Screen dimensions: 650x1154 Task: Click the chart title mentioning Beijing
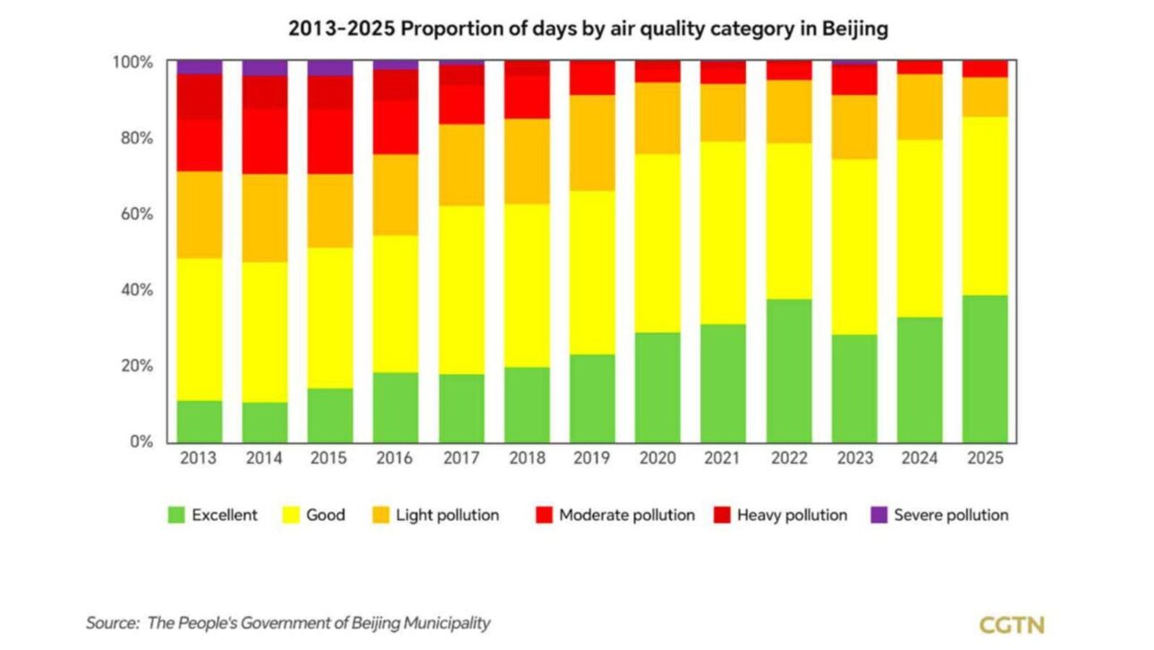[x=588, y=29]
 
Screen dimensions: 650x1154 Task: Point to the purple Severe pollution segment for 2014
[x=265, y=68]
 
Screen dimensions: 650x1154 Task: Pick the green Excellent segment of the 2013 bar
[x=199, y=421]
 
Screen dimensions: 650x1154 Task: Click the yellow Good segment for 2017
[x=462, y=289]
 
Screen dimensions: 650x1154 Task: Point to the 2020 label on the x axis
[x=658, y=458]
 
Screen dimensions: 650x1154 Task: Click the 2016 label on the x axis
[x=395, y=458]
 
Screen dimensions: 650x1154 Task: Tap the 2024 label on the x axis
[x=920, y=458]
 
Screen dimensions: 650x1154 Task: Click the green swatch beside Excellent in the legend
[x=176, y=515]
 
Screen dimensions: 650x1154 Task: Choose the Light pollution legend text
[x=447, y=515]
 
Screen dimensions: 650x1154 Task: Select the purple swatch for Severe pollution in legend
[x=878, y=515]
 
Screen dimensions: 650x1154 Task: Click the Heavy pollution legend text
[x=792, y=515]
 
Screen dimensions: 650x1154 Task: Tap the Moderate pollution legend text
[x=626, y=515]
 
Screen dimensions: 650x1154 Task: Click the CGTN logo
[x=1012, y=624]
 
